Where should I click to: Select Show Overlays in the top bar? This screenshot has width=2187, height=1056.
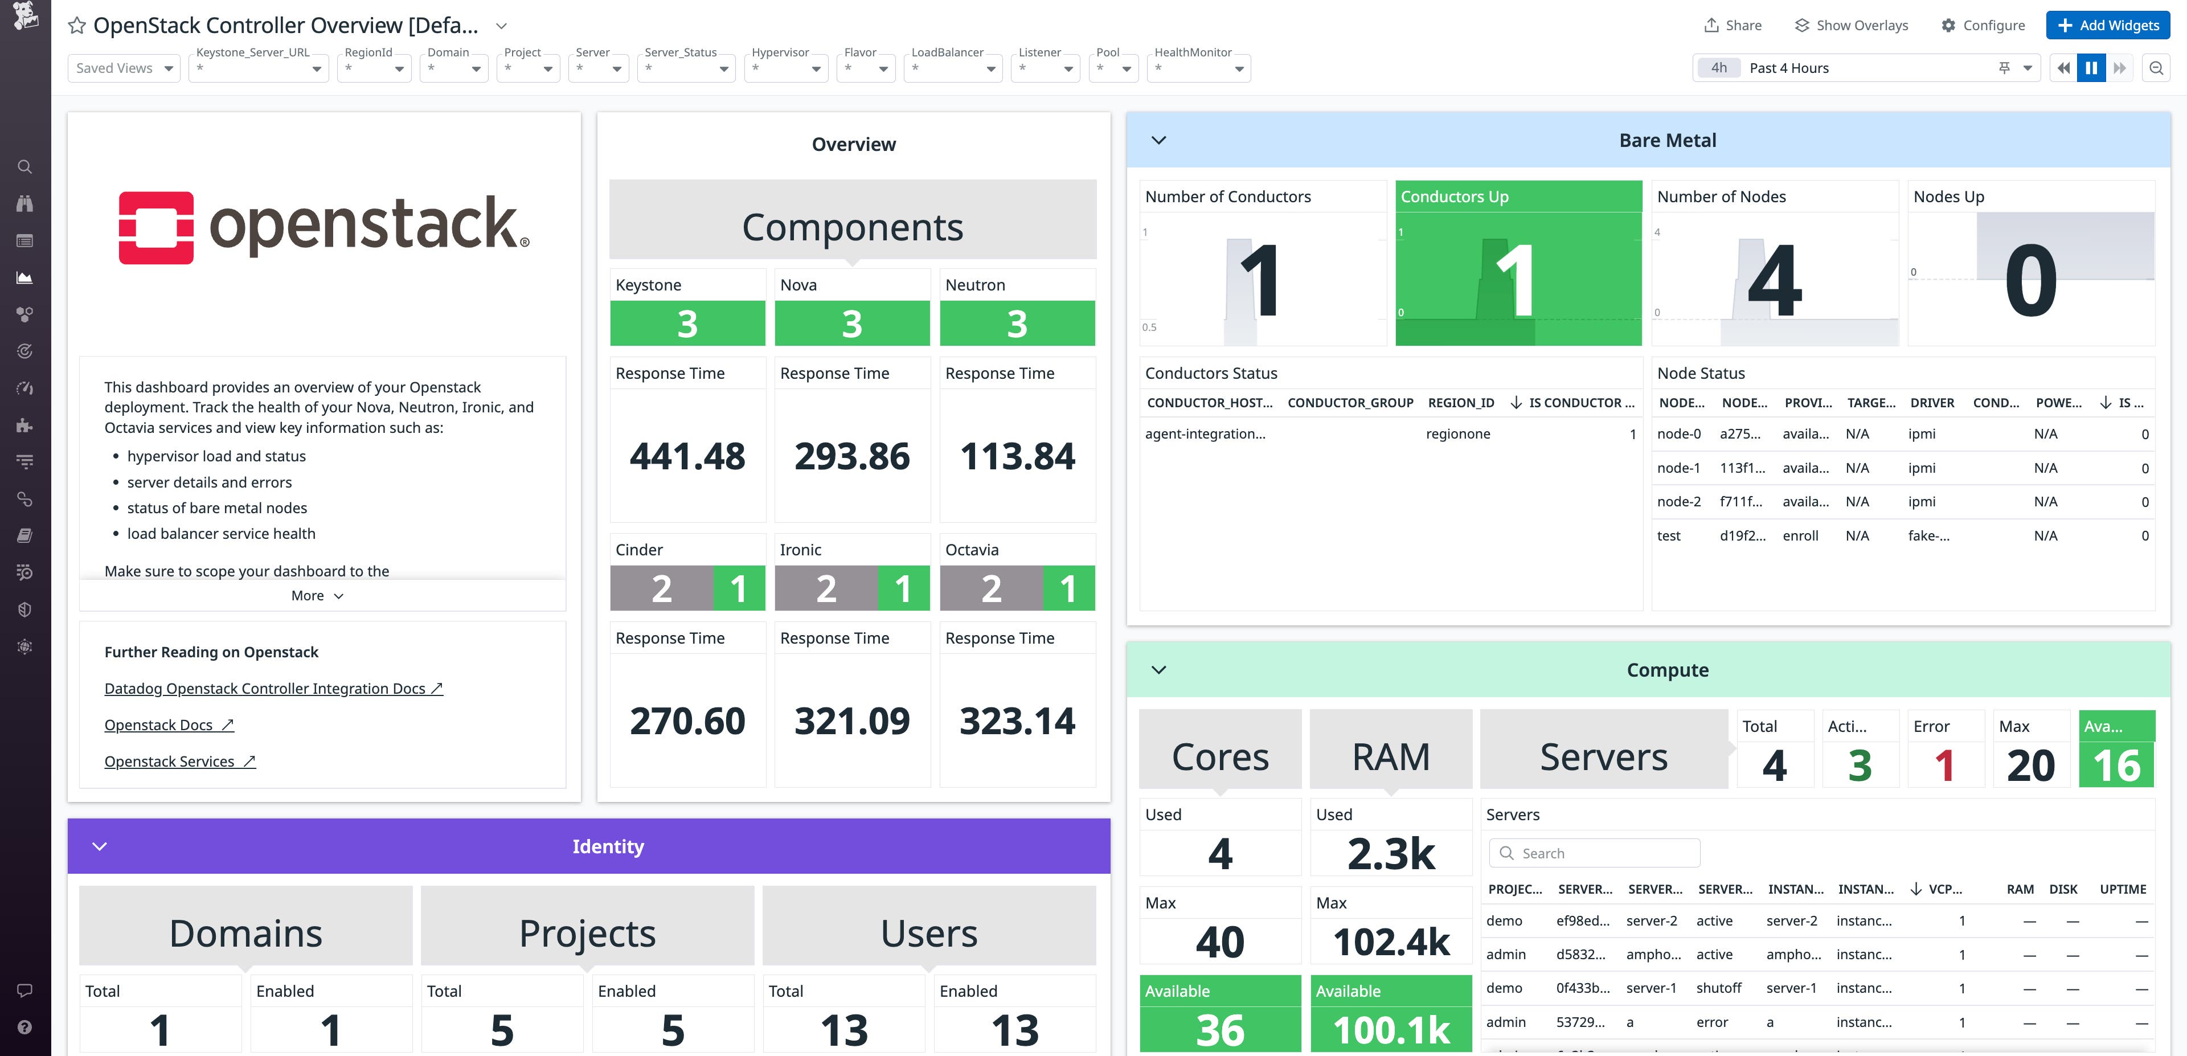pyautogui.click(x=1852, y=26)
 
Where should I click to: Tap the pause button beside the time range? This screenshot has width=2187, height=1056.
pyautogui.click(x=2091, y=68)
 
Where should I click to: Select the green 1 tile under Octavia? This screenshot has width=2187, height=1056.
pyautogui.click(x=1068, y=588)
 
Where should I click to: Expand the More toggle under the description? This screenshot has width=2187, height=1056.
pyautogui.click(x=317, y=596)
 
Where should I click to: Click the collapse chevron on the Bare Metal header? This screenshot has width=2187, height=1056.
pyautogui.click(x=1158, y=140)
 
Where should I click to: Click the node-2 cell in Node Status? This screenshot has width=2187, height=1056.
pyautogui.click(x=1678, y=502)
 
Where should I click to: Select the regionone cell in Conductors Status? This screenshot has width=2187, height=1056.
pyautogui.click(x=1458, y=434)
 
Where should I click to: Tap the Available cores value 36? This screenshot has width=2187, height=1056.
pyautogui.click(x=1219, y=1030)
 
